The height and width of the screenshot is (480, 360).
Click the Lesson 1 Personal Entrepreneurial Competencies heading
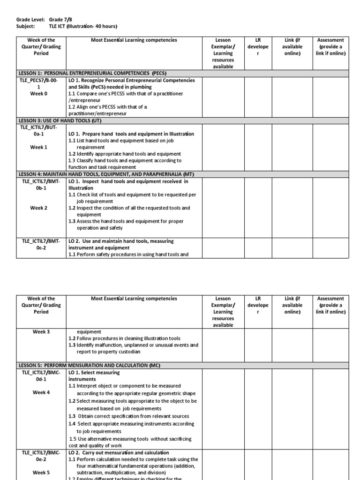coord(92,74)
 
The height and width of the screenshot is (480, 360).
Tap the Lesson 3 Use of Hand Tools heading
coord(60,120)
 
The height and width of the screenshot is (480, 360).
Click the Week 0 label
coord(39,94)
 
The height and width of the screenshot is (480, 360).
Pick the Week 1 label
coord(39,147)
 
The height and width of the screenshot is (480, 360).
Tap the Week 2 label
coord(39,208)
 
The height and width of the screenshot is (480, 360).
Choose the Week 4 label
coord(41,392)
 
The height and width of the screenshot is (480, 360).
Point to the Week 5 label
coord(41,472)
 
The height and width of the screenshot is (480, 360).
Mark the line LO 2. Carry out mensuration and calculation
coord(119,453)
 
